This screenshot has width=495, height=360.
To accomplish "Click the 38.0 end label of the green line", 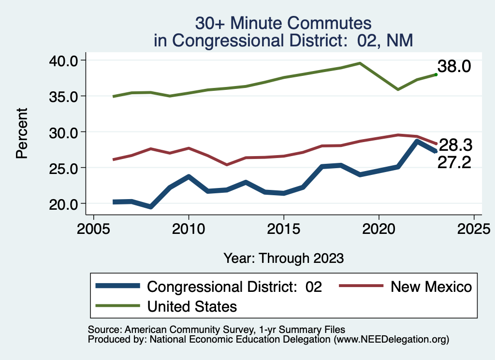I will pos(454,67).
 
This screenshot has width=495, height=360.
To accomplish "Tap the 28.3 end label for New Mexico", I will pos(455,145).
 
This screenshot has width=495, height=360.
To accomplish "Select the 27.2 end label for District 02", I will pos(454,162).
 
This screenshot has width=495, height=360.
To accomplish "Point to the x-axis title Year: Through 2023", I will pos(283,258).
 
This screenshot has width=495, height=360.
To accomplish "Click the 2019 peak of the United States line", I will pos(360,63).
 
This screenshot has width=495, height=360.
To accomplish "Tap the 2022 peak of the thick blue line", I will pos(417,142).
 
